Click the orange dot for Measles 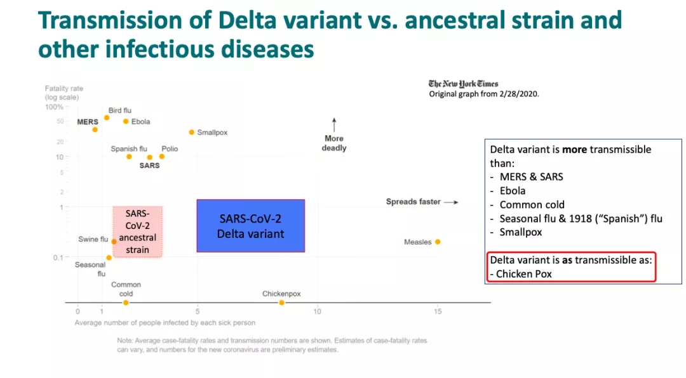coord(438,242)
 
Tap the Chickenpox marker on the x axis coord(281,303)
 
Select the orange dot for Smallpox coord(191,132)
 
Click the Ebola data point coord(126,121)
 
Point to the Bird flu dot coord(107,117)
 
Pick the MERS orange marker coord(95,129)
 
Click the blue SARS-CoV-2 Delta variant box coord(250,226)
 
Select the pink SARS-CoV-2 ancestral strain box coord(138,231)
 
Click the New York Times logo coord(463,84)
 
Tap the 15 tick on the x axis coord(438,311)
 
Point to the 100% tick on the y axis coord(55,107)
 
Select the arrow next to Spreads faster coord(451,202)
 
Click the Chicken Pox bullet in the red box coord(524,274)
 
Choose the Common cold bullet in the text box coord(532,205)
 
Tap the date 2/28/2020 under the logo coord(522,94)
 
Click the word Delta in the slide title coord(249,21)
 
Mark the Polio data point coord(161,156)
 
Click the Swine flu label coord(93,239)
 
